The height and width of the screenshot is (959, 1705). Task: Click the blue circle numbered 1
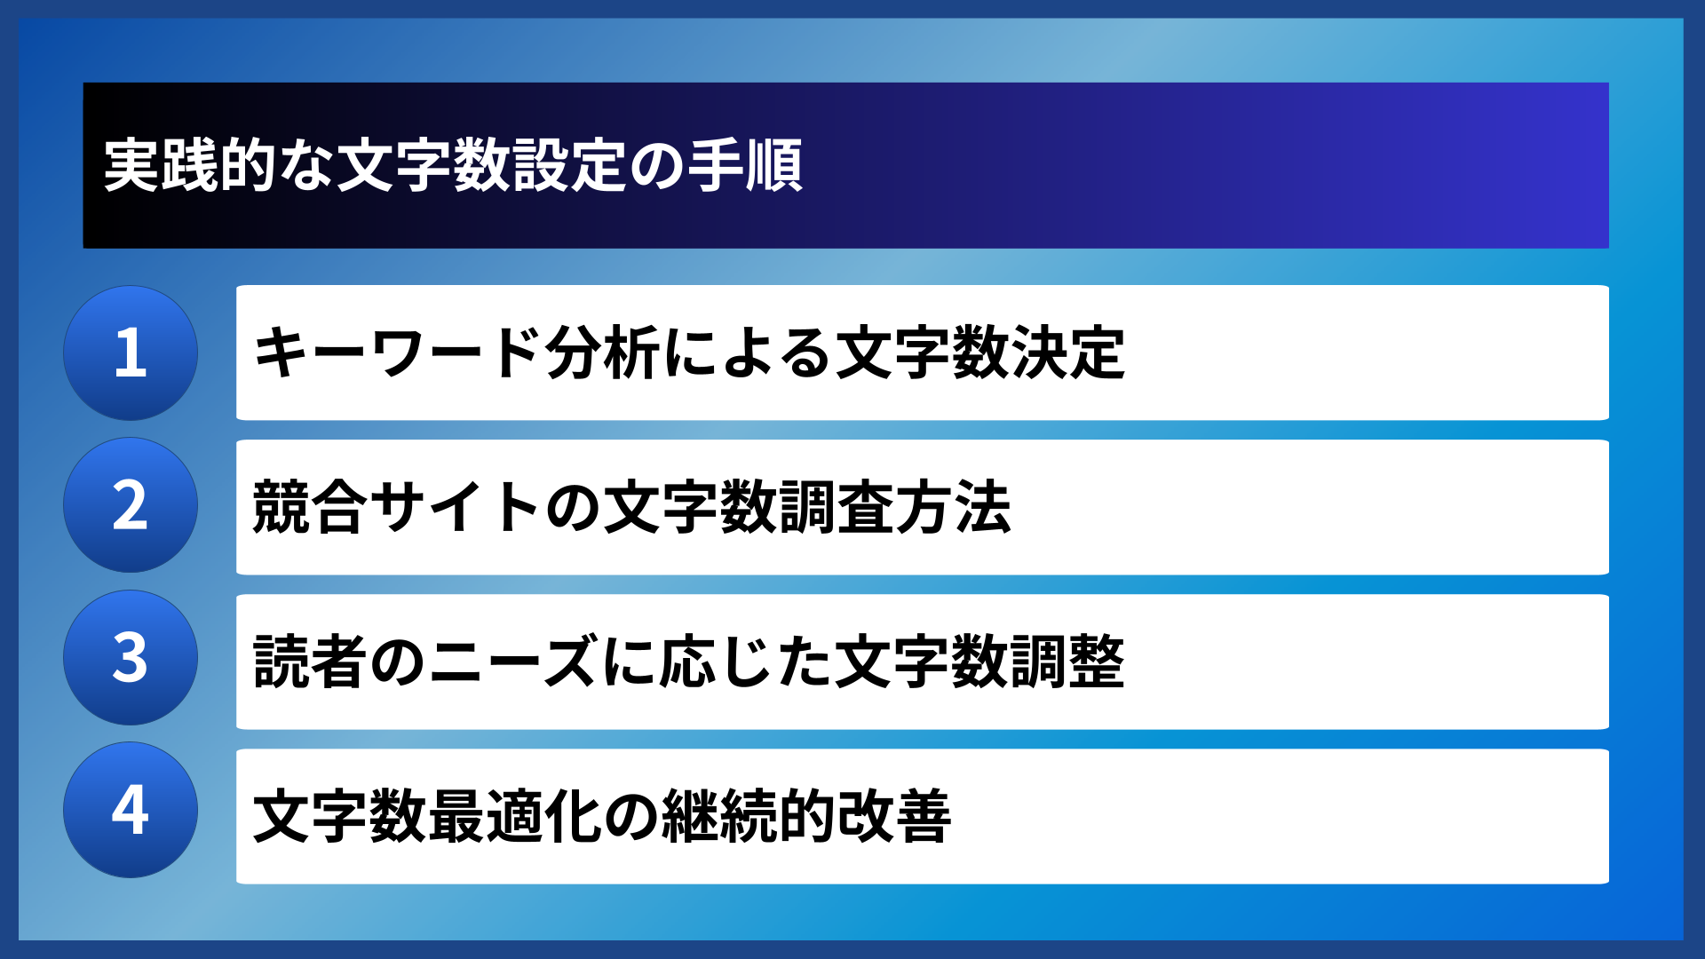(x=131, y=353)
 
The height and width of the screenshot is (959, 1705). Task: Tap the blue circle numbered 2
(x=131, y=505)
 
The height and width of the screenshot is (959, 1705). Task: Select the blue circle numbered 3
(x=131, y=658)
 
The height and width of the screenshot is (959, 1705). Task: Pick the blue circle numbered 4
(x=131, y=810)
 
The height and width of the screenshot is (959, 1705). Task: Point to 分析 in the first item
(x=602, y=353)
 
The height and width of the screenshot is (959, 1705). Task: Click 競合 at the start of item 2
(x=310, y=507)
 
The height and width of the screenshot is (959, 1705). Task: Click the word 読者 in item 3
(x=310, y=662)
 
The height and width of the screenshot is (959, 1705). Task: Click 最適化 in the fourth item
(x=513, y=816)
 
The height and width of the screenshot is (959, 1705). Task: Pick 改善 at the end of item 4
(x=893, y=816)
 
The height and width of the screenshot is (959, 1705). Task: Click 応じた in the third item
(x=746, y=662)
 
